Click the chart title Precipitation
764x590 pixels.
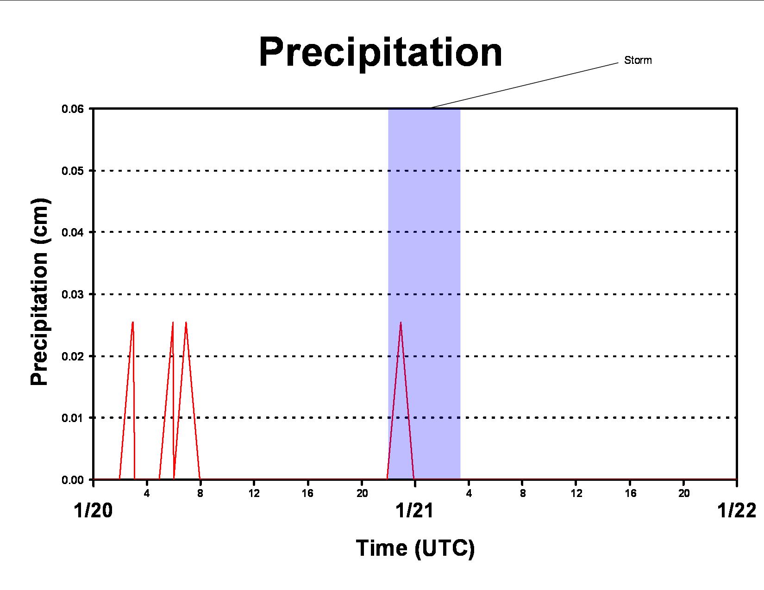[x=381, y=52]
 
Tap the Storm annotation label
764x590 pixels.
[x=638, y=60]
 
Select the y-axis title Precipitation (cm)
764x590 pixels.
[x=39, y=292]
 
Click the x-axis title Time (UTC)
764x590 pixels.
[x=415, y=548]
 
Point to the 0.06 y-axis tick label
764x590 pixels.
[x=73, y=109]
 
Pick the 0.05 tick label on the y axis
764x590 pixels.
[x=73, y=171]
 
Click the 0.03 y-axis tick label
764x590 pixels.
[x=73, y=294]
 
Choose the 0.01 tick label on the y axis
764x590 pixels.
[x=73, y=418]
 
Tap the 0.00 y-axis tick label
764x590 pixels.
[x=73, y=480]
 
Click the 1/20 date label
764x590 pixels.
[x=93, y=510]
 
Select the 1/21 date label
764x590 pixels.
[x=414, y=510]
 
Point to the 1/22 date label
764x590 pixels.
[x=737, y=510]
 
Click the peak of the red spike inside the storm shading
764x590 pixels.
[x=401, y=322]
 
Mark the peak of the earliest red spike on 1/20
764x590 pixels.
[x=132, y=322]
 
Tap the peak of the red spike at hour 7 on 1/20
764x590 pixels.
[x=186, y=322]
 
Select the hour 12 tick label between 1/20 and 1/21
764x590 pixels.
[x=254, y=493]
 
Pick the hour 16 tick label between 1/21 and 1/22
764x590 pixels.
[x=630, y=493]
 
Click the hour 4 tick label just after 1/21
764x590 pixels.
[x=469, y=493]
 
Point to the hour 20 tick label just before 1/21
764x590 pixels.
[x=362, y=493]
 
